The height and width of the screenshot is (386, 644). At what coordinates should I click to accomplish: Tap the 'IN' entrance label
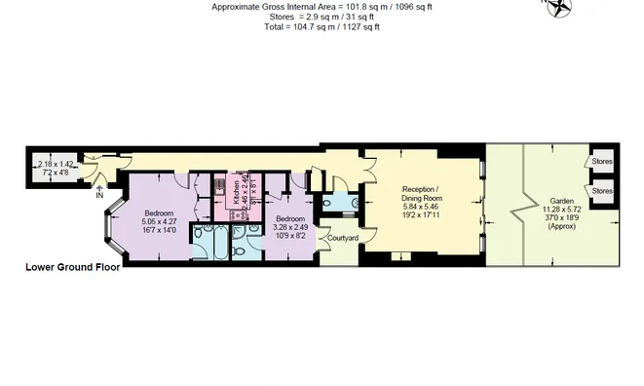click(99, 195)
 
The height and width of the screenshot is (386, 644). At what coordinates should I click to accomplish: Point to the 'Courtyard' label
click(342, 238)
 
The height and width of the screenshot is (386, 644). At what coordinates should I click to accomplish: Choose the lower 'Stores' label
click(602, 191)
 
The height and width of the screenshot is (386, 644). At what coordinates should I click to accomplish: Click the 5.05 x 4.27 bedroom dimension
click(159, 221)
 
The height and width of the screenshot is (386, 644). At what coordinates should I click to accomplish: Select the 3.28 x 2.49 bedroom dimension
click(289, 227)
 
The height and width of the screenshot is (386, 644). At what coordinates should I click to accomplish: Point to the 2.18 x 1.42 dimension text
click(55, 165)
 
